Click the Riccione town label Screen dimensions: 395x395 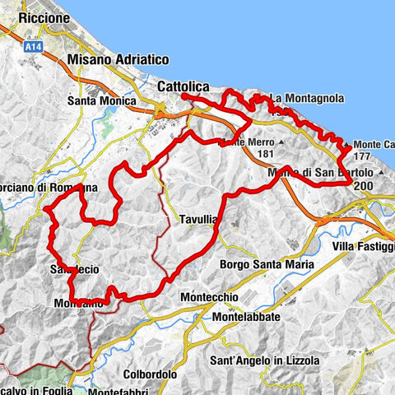[30, 17]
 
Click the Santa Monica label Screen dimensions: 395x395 [101, 101]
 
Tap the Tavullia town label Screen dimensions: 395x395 [198, 220]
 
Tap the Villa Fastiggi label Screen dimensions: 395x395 [364, 247]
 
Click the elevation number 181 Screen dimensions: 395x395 [264, 153]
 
